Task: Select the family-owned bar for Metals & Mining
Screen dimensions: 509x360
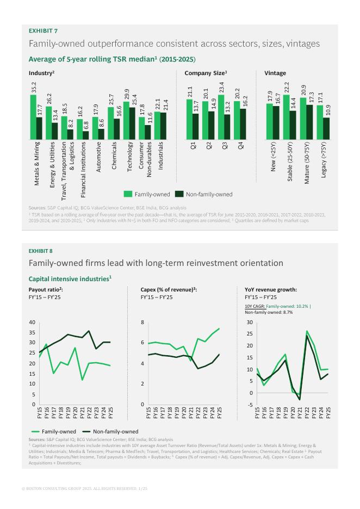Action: point(33,117)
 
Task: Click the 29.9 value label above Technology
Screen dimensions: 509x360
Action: point(127,94)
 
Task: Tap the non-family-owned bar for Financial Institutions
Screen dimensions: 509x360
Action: point(86,135)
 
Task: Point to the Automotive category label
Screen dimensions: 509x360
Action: point(98,158)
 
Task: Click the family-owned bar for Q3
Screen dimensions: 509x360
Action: point(221,117)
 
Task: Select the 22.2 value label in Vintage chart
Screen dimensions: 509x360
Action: point(286,88)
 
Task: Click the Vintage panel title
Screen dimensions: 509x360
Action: point(275,73)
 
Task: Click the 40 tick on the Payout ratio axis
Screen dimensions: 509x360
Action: point(32,322)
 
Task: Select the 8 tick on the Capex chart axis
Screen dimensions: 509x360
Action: point(143,322)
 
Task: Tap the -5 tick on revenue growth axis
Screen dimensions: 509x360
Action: point(250,405)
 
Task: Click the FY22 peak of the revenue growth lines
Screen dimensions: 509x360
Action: point(307,331)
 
